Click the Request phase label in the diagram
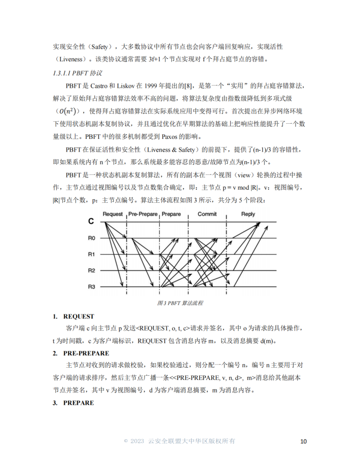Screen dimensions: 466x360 [113, 214]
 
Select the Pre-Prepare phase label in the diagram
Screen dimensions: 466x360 [142, 214]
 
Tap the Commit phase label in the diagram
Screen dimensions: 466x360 [207, 214]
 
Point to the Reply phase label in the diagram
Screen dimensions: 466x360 [248, 214]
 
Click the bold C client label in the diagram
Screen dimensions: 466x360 [91, 222]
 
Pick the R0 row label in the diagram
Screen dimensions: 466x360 [91, 238]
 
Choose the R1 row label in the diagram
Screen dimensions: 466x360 [91, 254]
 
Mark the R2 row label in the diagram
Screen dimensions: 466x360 [91, 270]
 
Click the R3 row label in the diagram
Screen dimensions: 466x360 [91, 287]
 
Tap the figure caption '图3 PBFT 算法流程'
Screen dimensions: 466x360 [180, 303]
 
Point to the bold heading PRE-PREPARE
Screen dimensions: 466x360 [86, 353]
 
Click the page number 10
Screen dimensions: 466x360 [303, 441]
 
